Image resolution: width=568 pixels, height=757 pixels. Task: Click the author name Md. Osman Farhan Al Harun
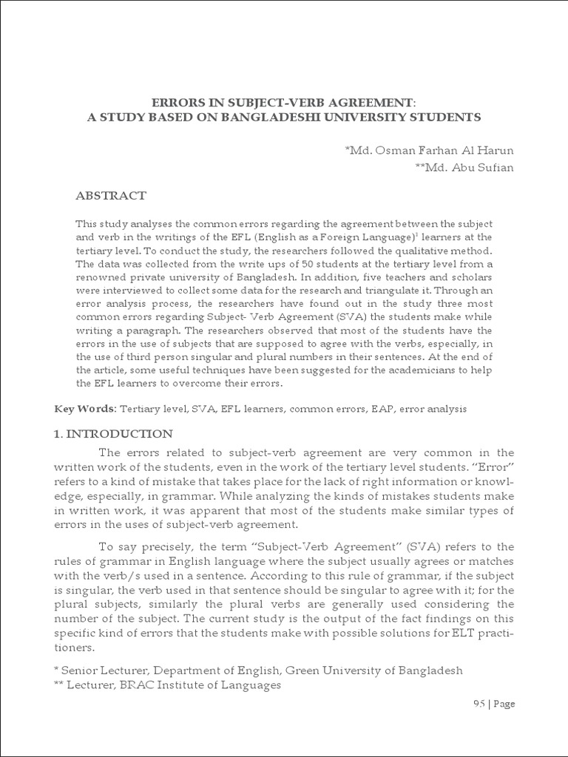pos(429,151)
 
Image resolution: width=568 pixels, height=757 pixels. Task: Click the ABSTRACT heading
pos(112,196)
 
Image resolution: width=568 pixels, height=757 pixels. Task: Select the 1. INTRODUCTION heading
pos(113,433)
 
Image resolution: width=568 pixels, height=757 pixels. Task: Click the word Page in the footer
pos(504,704)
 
